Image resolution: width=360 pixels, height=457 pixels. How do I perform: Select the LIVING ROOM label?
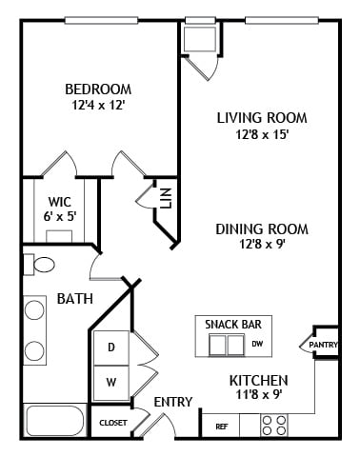[x=261, y=118]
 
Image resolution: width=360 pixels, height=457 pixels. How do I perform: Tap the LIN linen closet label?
[x=165, y=198]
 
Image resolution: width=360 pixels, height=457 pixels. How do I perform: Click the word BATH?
[x=74, y=299]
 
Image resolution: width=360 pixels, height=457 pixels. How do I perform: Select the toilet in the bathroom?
[x=39, y=264]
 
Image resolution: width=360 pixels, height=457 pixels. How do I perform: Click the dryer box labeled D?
[x=110, y=348]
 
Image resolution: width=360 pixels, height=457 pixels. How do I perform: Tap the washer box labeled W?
[x=110, y=383]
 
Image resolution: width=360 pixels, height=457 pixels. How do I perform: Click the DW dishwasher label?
[x=257, y=343]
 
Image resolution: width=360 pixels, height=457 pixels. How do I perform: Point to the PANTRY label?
[x=324, y=345]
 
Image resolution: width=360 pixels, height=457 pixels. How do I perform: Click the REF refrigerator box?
[x=221, y=426]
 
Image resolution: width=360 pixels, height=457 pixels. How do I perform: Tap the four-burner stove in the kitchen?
[x=274, y=425]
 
